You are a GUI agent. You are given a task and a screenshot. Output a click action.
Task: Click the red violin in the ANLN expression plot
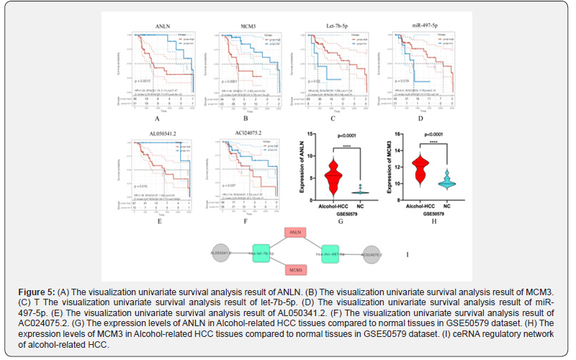tap(331, 177)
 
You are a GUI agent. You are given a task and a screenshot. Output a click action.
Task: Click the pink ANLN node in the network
tap(294, 233)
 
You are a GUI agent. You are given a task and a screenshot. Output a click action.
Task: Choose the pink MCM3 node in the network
tap(294, 269)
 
